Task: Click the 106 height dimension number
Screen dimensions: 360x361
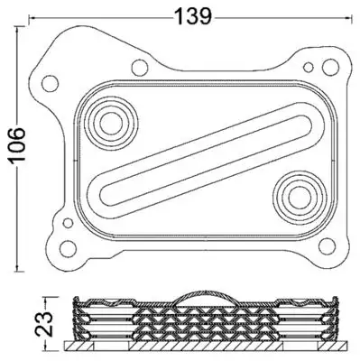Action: pos(17,146)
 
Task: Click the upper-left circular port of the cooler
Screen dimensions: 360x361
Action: pos(111,124)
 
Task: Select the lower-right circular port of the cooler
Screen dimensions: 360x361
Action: pos(300,198)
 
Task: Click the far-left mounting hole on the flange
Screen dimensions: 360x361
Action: pos(50,84)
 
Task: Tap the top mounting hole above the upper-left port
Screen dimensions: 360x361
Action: pos(140,68)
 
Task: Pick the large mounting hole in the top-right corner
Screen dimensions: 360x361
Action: pos(330,67)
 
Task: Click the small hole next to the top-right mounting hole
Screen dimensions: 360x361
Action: pos(309,67)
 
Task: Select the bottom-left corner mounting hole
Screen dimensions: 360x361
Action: pos(68,248)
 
